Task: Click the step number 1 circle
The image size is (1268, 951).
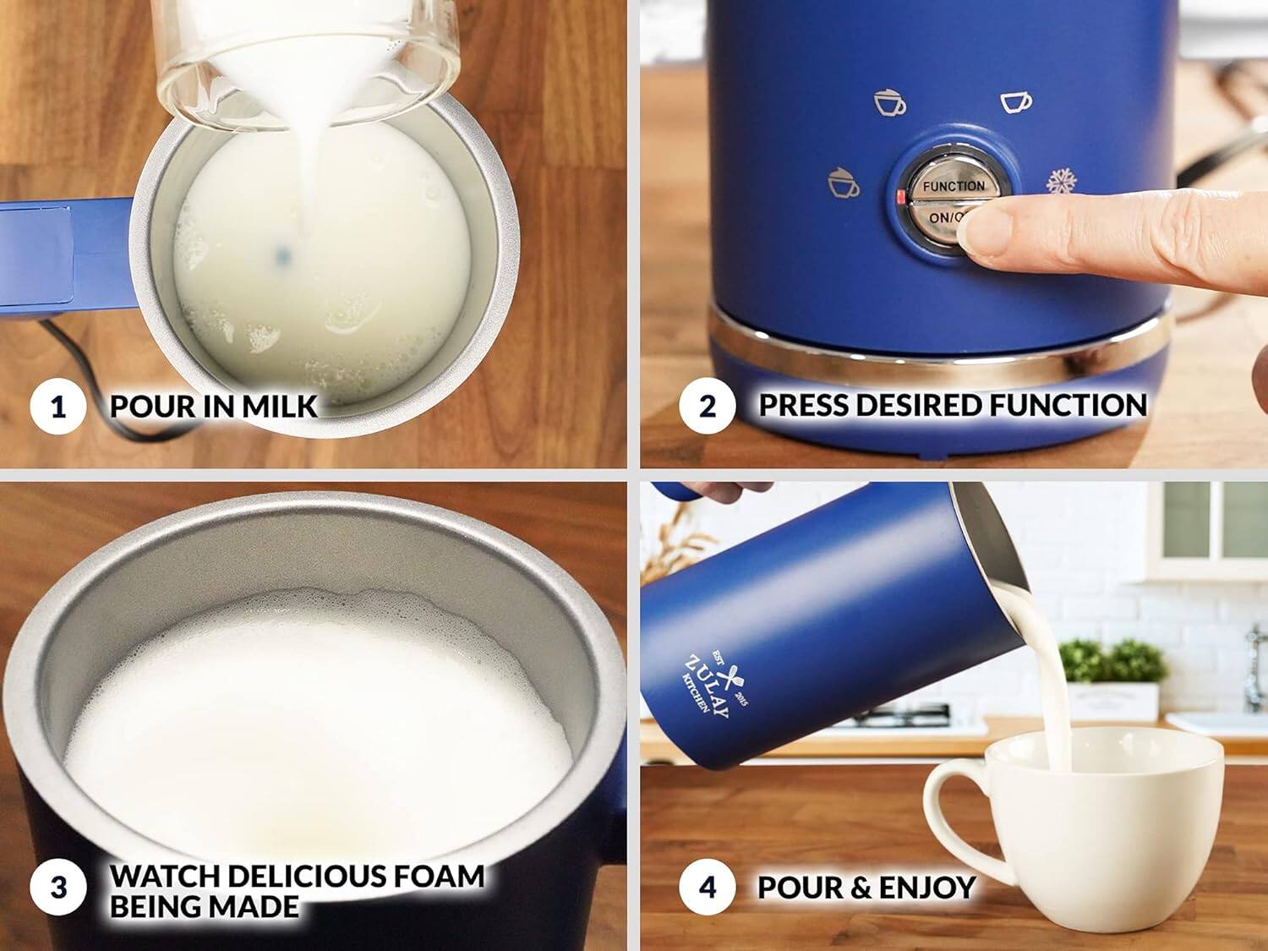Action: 57,407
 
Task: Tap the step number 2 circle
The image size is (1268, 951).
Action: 707,406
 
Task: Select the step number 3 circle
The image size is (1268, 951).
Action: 57,888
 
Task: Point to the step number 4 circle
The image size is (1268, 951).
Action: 707,888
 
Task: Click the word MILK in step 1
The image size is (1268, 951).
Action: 279,407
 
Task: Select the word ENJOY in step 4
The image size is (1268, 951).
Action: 929,888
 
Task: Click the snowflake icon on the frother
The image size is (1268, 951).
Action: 1061,183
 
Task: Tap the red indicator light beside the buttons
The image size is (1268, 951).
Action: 899,199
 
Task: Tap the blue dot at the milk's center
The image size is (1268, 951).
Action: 282,251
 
